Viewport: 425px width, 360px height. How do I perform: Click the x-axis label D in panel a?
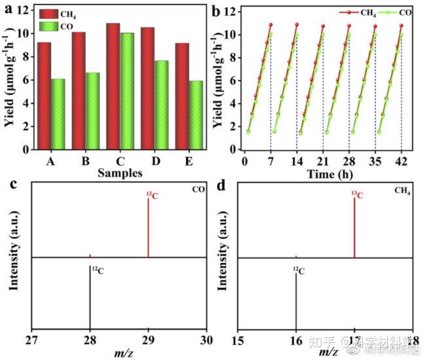click(155, 161)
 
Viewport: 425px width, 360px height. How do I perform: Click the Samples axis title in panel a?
click(120, 173)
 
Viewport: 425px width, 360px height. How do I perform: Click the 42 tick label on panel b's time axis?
click(401, 161)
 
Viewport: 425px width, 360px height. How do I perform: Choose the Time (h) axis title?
click(322, 173)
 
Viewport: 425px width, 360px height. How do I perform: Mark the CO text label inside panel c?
click(197, 190)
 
